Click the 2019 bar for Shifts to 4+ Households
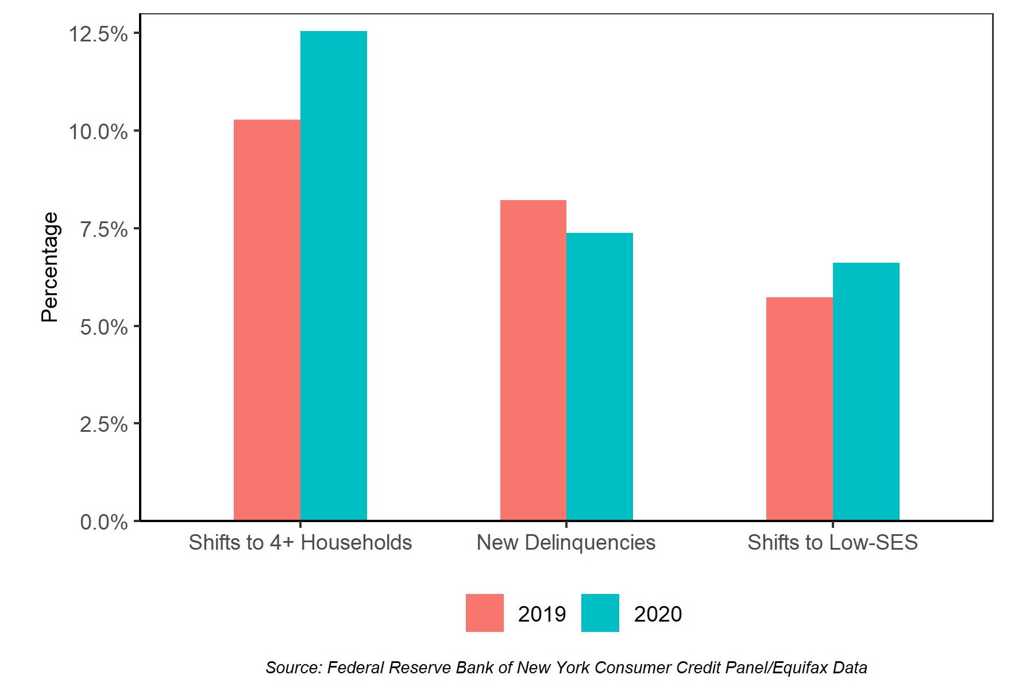click(x=267, y=320)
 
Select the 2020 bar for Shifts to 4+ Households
click(x=334, y=276)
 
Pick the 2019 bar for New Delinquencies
click(x=533, y=360)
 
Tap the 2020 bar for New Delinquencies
click(x=600, y=377)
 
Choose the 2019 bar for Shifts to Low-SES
click(x=800, y=409)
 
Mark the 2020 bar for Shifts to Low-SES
click(x=866, y=392)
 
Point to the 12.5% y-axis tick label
click(x=98, y=34)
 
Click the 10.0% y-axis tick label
click(x=98, y=132)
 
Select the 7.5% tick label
click(x=103, y=229)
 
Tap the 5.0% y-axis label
click(x=103, y=327)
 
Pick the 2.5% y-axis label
click(x=103, y=424)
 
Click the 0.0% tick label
click(x=103, y=522)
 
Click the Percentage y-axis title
click(x=50, y=267)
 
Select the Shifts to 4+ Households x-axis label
click(x=300, y=542)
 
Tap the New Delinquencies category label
click(x=566, y=542)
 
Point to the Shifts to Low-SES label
click(x=832, y=542)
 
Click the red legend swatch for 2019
click(x=484, y=613)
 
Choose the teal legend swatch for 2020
click(x=600, y=613)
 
